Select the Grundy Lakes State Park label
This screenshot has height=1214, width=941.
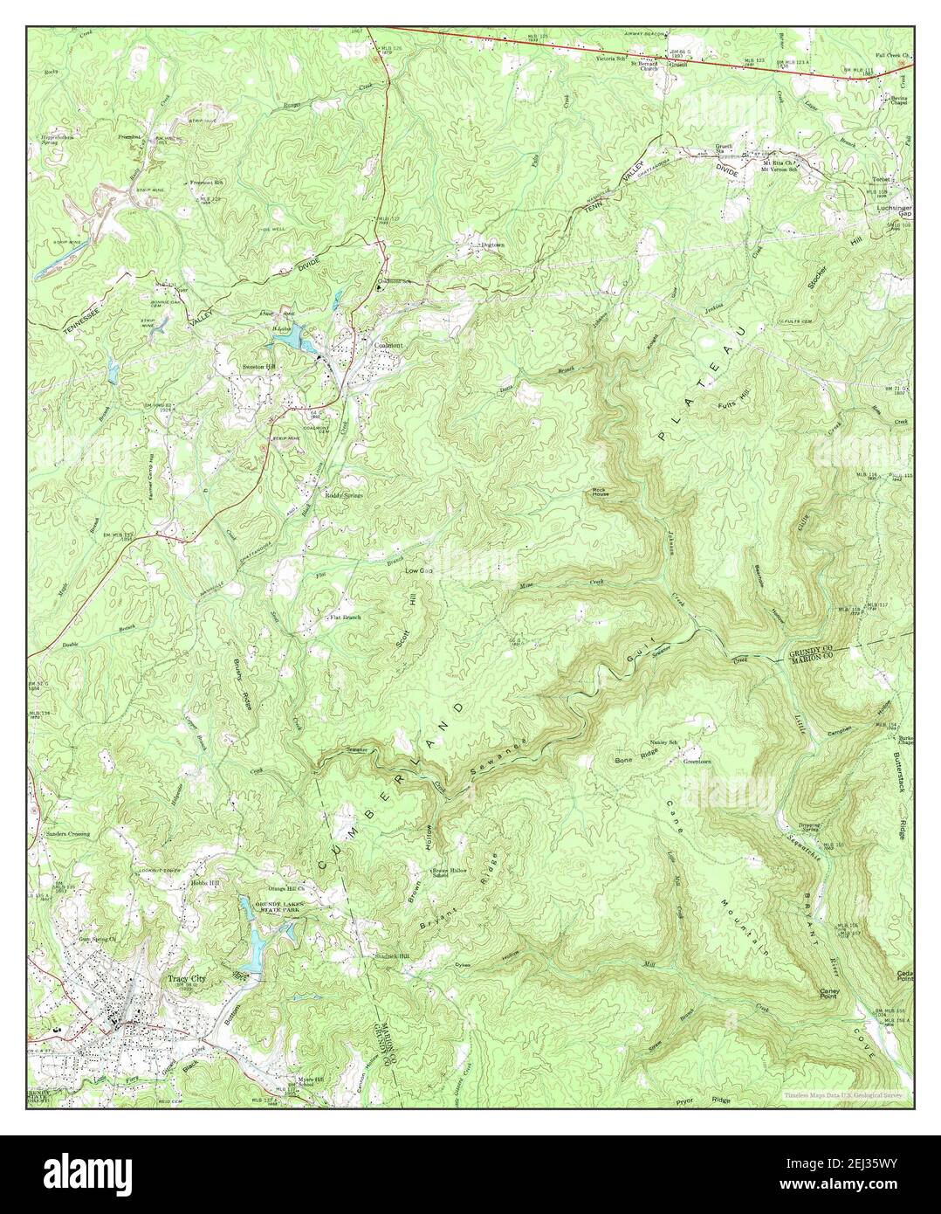(x=290, y=894)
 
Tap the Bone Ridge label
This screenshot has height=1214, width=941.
(x=635, y=760)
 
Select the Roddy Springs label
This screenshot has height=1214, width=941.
(x=344, y=495)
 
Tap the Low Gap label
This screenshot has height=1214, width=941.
(x=419, y=570)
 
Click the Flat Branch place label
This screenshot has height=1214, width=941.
(x=345, y=617)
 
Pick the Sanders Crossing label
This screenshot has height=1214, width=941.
(x=67, y=834)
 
